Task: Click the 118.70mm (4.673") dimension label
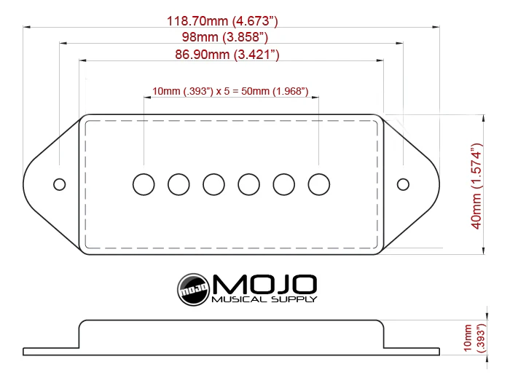(222, 21)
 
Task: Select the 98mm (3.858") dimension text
(225, 37)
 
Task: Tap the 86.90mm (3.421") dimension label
(227, 55)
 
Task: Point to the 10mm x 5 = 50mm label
(230, 91)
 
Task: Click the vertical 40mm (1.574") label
(476, 186)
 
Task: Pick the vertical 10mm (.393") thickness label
(474, 338)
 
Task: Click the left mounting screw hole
(60, 184)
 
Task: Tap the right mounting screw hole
(403, 184)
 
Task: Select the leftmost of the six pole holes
(144, 184)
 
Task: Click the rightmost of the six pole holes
(319, 184)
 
